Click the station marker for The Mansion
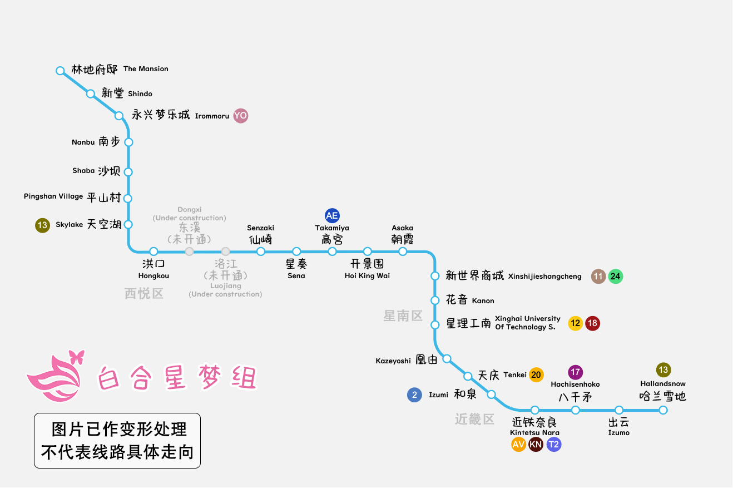60,71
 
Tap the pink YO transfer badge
240,116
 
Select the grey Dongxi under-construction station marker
190,252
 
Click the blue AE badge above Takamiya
332,216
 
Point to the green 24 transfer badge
615,276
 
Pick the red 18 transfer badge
592,323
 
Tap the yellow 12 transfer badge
575,323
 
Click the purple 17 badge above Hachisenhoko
575,372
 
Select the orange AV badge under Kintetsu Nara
518,444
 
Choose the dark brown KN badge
536,444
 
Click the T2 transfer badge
554,444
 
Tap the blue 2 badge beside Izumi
414,395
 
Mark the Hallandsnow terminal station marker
663,410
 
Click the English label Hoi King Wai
367,276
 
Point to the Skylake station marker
128,224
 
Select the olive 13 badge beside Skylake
42,225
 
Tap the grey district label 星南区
403,316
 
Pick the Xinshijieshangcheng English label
544,277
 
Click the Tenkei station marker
468,376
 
